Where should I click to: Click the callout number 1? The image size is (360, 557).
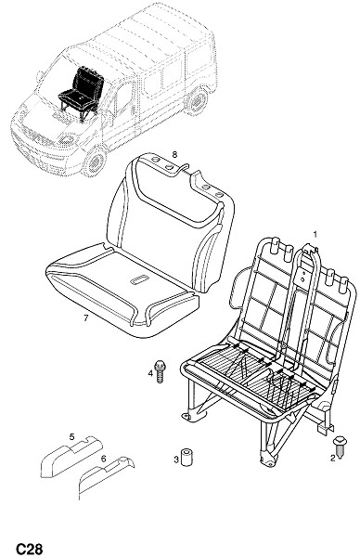pyautogui.click(x=315, y=234)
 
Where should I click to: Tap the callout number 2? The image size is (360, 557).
pyautogui.click(x=332, y=458)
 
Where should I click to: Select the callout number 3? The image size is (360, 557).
pyautogui.click(x=176, y=460)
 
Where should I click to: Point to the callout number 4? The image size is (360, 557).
pyautogui.click(x=150, y=373)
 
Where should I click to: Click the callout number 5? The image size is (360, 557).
pyautogui.click(x=71, y=436)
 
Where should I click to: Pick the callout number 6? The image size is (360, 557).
pyautogui.click(x=103, y=459)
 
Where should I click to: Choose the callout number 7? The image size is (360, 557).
pyautogui.click(x=85, y=318)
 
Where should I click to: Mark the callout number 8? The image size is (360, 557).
pyautogui.click(x=174, y=154)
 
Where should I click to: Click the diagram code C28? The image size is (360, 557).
pyautogui.click(x=30, y=549)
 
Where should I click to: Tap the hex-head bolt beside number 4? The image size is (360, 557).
pyautogui.click(x=161, y=371)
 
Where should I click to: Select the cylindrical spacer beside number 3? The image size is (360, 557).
pyautogui.click(x=186, y=457)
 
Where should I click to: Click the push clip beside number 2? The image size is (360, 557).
pyautogui.click(x=340, y=446)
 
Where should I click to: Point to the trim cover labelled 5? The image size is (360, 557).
pyautogui.click(x=71, y=457)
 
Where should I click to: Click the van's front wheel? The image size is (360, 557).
pyautogui.click(x=96, y=162)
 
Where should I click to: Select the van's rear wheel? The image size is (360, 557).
pyautogui.click(x=197, y=101)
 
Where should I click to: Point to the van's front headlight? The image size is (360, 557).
pyautogui.click(x=66, y=139)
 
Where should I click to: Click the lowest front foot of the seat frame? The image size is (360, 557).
pyautogui.click(x=268, y=460)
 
